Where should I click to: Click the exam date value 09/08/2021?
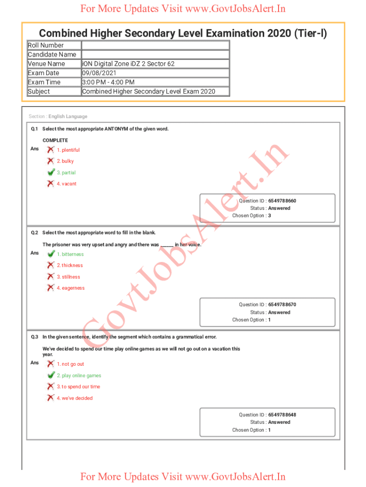[99, 73]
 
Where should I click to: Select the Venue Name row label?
[47, 64]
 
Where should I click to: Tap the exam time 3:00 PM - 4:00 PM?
[108, 82]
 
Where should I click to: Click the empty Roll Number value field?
[155, 45]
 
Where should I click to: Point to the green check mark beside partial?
[51, 172]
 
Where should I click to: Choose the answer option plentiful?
[68, 150]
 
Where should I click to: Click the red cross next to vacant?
[50, 184]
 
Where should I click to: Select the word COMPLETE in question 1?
[55, 140]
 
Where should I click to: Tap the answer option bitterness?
[70, 254]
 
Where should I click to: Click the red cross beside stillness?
[50, 276]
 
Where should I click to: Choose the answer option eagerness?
[70, 288]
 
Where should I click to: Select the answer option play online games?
[79, 375]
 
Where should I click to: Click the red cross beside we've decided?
[50, 398]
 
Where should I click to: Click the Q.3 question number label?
[35, 337]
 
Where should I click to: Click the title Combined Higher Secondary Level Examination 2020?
[183, 33]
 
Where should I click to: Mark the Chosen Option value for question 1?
[270, 215]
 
